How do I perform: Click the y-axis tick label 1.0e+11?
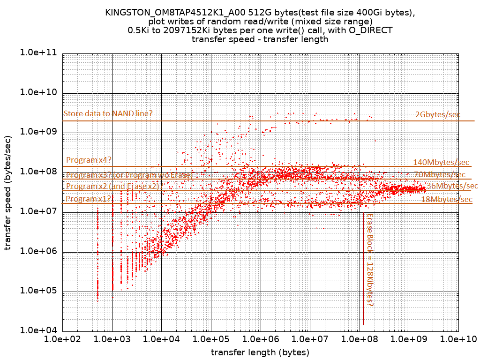coord(38,53)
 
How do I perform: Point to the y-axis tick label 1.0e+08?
coord(38,172)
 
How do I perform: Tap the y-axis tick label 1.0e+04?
coord(38,330)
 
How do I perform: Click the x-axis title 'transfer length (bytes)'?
coord(260,352)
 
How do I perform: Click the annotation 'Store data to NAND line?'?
coord(108,113)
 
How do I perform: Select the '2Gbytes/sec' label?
coord(438,114)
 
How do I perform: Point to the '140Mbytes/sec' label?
coord(441,163)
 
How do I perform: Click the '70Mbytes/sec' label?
coord(440,175)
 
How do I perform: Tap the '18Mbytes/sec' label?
coord(447,200)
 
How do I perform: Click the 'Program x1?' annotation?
coord(89,199)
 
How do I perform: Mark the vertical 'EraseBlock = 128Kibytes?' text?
coord(369,260)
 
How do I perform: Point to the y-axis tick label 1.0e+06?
coord(38,251)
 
